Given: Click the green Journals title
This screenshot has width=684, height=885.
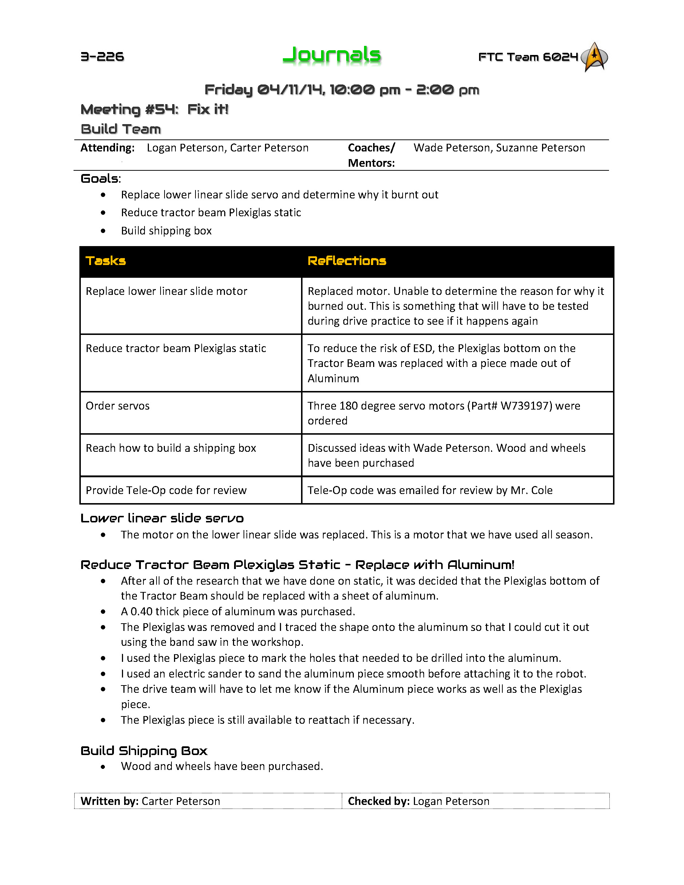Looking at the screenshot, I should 332,55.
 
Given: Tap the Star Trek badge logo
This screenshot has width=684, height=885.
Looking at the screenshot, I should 594,57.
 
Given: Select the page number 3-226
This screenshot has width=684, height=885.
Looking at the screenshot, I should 102,56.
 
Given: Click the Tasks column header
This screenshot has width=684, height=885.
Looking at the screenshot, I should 106,261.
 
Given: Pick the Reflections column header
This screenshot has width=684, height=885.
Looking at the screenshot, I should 347,261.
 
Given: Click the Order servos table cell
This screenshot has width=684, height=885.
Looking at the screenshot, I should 118,406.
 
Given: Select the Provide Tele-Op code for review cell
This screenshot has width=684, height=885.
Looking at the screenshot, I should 166,490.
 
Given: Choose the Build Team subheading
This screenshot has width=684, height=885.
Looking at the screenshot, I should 121,129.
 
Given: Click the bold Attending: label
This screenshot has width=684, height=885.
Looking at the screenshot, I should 107,148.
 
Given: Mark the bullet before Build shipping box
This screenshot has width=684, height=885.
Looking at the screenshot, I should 103,231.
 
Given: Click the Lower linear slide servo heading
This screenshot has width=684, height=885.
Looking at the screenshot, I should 162,518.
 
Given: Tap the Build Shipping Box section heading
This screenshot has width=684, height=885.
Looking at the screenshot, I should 144,751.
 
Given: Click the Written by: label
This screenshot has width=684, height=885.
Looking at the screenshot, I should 110,801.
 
